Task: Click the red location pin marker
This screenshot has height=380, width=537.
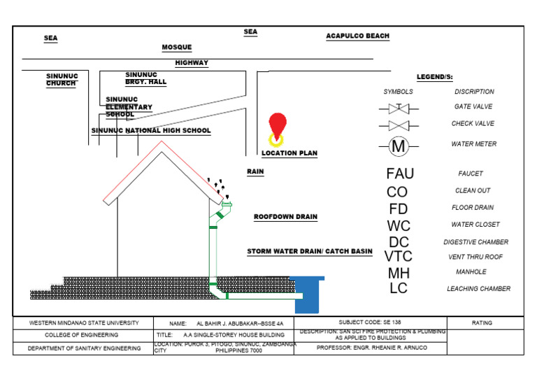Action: tap(278, 125)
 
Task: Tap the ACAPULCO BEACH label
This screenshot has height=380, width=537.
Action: tap(357, 36)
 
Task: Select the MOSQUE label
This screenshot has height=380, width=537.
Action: tap(177, 48)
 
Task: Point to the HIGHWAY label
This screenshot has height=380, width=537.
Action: tap(192, 63)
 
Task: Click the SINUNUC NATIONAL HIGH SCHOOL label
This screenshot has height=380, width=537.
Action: tap(151, 131)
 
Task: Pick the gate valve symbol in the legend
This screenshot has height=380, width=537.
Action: tap(399, 108)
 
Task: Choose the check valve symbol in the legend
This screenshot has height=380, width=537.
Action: tap(399, 126)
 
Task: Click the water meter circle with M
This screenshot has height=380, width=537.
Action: tap(399, 146)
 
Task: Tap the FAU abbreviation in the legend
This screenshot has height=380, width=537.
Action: tap(400, 174)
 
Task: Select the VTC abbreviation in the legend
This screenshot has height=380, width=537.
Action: tap(399, 257)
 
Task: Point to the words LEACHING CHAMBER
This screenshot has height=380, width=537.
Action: tap(478, 288)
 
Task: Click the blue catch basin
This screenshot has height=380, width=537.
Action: tap(308, 294)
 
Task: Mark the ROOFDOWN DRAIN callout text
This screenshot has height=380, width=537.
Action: tap(285, 217)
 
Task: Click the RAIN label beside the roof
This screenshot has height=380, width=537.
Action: tap(255, 171)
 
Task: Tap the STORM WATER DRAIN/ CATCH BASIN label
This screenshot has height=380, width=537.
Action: tap(310, 251)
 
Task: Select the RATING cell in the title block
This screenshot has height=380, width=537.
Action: tap(482, 323)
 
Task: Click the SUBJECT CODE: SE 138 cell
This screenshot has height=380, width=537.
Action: tap(370, 323)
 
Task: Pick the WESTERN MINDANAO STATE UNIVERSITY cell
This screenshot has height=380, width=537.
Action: tap(84, 323)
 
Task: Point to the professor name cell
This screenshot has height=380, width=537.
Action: tap(370, 348)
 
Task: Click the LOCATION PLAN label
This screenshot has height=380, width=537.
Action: tap(289, 153)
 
